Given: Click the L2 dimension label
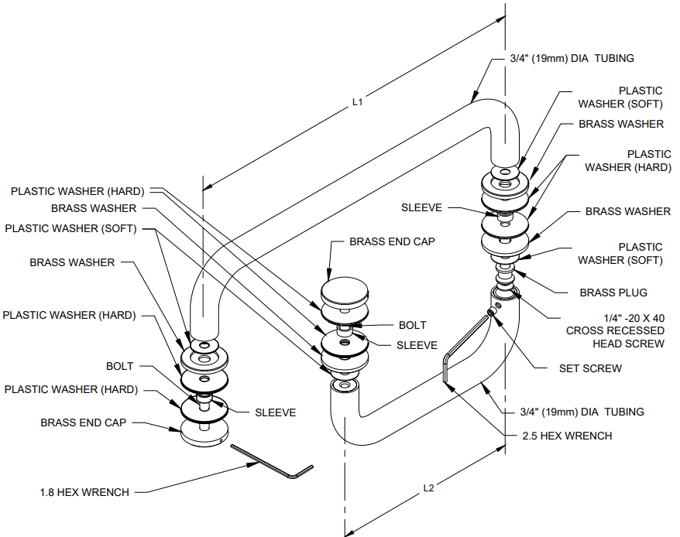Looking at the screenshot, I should tap(428, 487).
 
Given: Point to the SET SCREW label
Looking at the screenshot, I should tap(590, 368).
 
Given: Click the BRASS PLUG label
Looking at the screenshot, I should tap(613, 292).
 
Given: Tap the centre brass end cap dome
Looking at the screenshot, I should tap(345, 293).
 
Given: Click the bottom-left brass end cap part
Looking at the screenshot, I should tap(204, 432).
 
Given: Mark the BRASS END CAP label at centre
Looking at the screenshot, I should tap(392, 241).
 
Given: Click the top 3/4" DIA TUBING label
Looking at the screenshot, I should tap(572, 58).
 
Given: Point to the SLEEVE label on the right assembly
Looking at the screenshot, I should tap(421, 207).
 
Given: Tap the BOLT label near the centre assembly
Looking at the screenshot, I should tap(412, 326).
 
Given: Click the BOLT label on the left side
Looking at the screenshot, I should tap(119, 366).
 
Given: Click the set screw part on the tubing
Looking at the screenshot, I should tap(490, 312).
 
